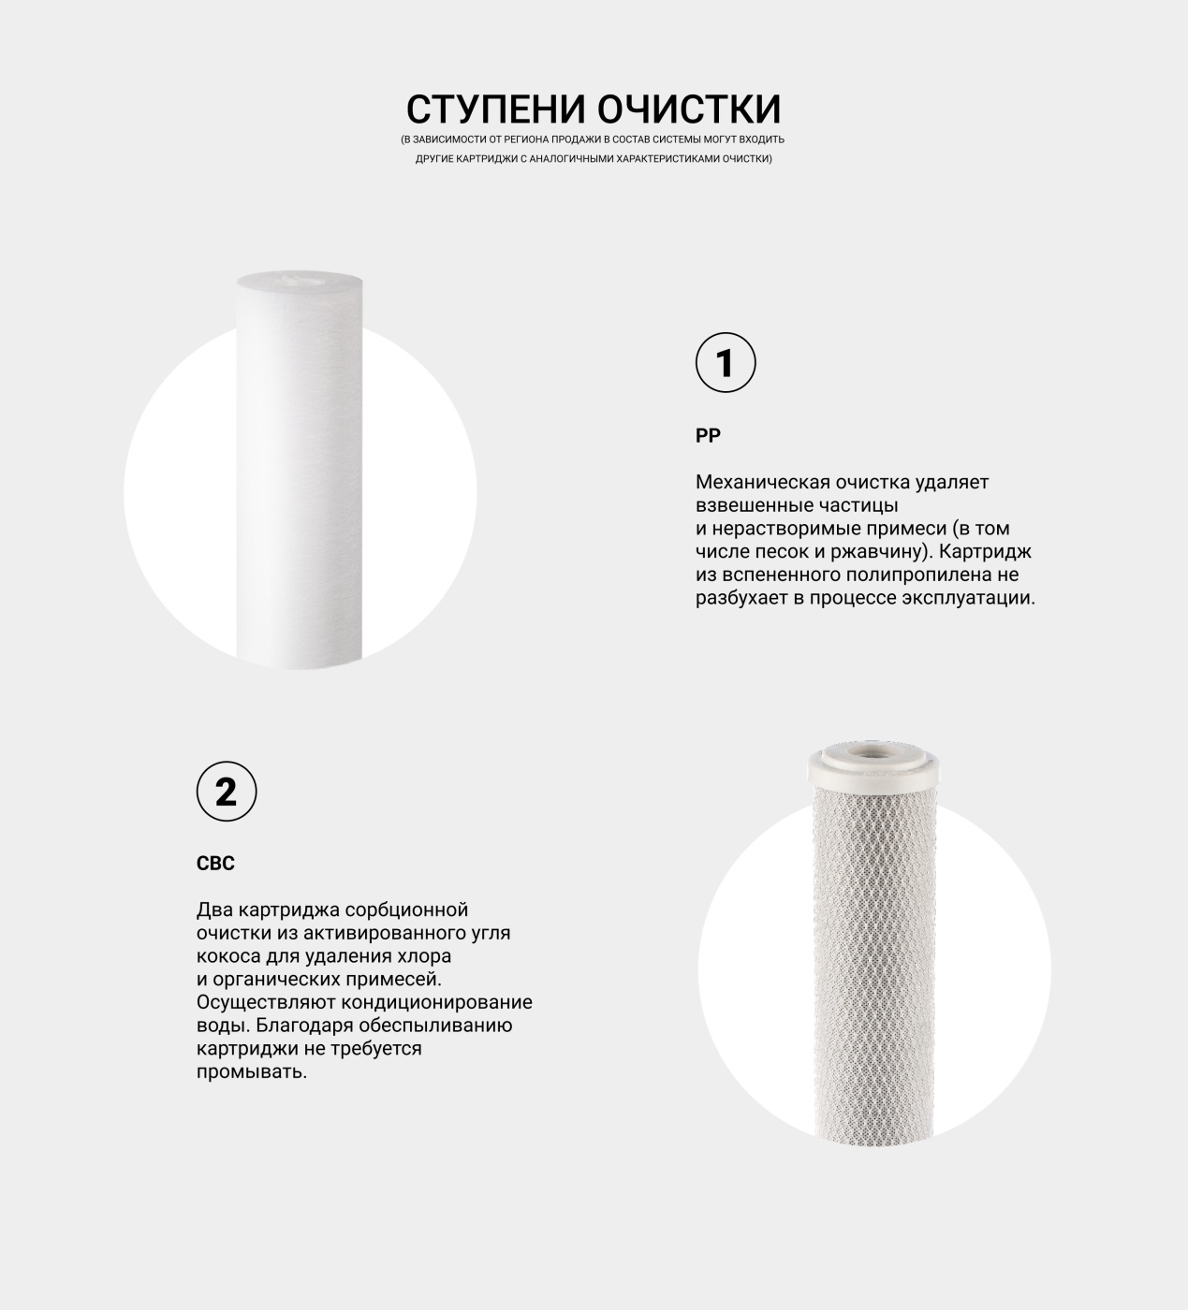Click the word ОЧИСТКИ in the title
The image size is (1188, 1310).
click(689, 109)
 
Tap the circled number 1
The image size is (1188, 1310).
click(726, 362)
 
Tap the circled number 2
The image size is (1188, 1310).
click(227, 791)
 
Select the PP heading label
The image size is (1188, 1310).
click(708, 436)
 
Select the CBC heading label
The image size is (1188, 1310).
click(215, 864)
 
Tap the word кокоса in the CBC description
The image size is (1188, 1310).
click(228, 956)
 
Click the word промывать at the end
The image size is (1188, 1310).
click(252, 1071)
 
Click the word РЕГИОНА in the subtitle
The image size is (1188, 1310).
click(526, 139)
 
